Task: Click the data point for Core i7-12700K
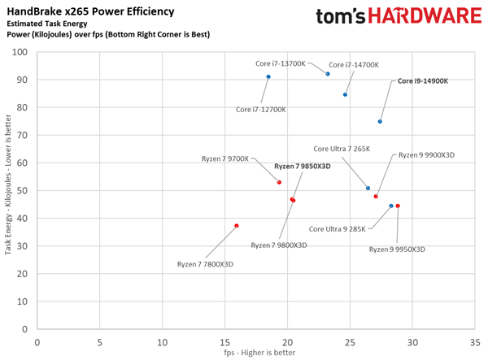[268, 77]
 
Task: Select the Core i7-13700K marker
[328, 74]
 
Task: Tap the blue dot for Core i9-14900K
[380, 122]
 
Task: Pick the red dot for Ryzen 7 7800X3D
[237, 226]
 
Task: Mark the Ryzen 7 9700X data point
[279, 183]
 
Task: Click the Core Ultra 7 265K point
[368, 189]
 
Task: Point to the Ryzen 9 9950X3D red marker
[398, 206]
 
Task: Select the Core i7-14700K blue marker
[346, 95]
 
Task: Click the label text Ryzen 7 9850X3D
[302, 166]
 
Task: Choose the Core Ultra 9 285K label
[338, 229]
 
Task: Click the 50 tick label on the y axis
[21, 191]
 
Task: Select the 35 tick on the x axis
[475, 340]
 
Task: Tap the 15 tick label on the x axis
[224, 340]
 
